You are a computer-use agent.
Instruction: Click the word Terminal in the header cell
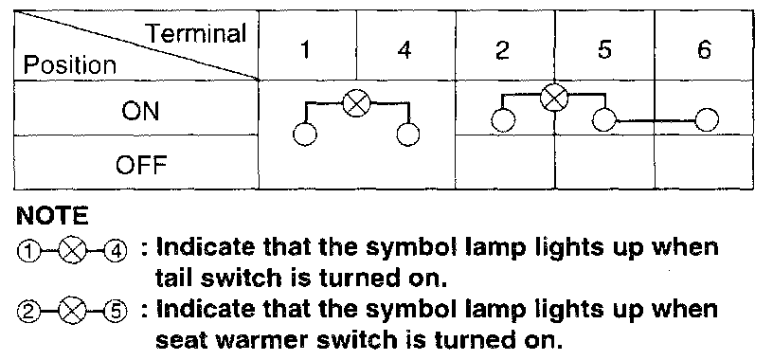[x=197, y=34]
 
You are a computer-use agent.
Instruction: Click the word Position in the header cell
[x=70, y=65]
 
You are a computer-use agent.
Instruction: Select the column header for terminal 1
[x=306, y=50]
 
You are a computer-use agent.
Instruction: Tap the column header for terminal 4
[x=404, y=50]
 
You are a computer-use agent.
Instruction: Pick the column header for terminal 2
[x=502, y=50]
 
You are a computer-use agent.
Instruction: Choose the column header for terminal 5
[x=604, y=50]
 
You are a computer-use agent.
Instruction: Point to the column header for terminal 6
[x=704, y=50]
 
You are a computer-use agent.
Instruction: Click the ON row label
[x=140, y=111]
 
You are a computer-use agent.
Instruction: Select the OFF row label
[x=141, y=164]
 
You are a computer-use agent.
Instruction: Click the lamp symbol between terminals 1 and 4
[x=357, y=103]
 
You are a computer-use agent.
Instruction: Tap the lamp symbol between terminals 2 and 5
[x=554, y=98]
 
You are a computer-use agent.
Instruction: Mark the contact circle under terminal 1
[x=305, y=134]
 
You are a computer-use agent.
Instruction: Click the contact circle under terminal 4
[x=408, y=134]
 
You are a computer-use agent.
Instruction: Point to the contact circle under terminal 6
[x=707, y=119]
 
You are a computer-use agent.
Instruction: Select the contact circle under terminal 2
[x=503, y=119]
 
